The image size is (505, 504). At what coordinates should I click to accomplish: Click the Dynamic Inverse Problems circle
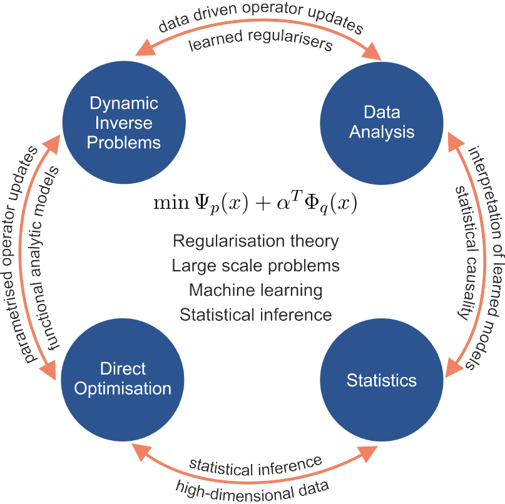[x=123, y=123]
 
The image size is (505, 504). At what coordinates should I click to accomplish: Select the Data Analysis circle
[x=381, y=123]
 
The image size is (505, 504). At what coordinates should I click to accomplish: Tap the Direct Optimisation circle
[x=123, y=378]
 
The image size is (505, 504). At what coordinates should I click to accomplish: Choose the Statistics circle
[x=381, y=380]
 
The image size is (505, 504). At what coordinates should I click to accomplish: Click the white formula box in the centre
[x=255, y=204]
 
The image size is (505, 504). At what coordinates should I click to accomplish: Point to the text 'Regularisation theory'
[x=255, y=241]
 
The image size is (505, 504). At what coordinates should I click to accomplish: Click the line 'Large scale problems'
[x=255, y=266]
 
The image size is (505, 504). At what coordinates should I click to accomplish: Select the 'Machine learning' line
[x=255, y=290]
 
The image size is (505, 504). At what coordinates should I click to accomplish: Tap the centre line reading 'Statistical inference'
[x=255, y=315]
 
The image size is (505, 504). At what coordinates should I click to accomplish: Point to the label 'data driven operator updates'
[x=260, y=19]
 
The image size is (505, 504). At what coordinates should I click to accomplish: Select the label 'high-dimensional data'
[x=253, y=485]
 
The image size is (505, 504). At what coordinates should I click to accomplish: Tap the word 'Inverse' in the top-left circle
[x=123, y=123]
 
